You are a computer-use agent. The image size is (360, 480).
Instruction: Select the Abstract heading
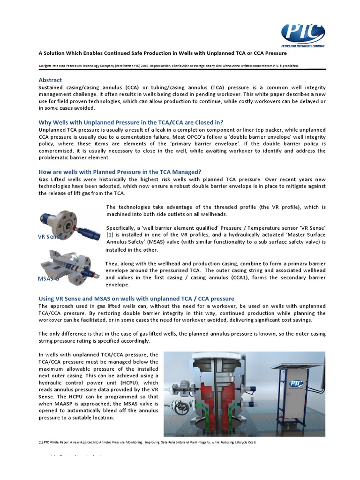point(50,80)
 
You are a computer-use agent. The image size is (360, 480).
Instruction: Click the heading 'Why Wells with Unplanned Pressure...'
point(131,122)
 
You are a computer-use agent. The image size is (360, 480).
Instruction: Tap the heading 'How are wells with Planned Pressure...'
point(120,172)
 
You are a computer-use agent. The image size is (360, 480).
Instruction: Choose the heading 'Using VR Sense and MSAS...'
point(136,299)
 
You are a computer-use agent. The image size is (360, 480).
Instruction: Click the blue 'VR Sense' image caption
point(50,237)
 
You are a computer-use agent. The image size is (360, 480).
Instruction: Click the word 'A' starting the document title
point(40,53)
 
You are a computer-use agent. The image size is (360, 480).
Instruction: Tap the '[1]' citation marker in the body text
point(109,234)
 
